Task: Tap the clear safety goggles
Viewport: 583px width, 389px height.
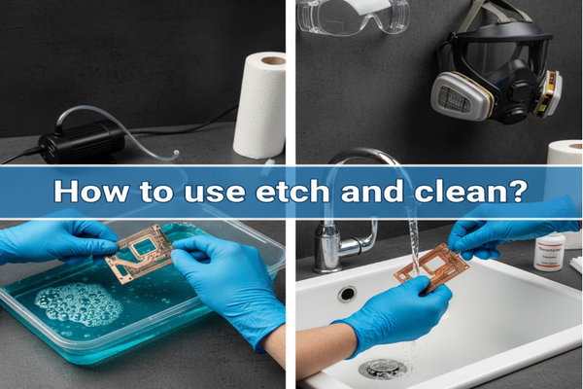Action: [x=353, y=17]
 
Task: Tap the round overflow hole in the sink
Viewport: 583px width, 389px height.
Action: [x=347, y=293]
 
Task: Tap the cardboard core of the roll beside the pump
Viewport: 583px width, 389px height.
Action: [x=273, y=59]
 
